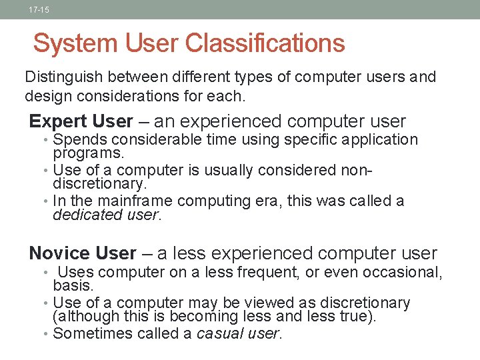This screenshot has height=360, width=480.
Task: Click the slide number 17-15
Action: pos(39,10)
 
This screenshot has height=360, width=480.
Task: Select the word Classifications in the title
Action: pos(265,44)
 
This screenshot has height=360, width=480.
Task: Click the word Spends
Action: pos(78,140)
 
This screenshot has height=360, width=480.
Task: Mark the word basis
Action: pos(73,285)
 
